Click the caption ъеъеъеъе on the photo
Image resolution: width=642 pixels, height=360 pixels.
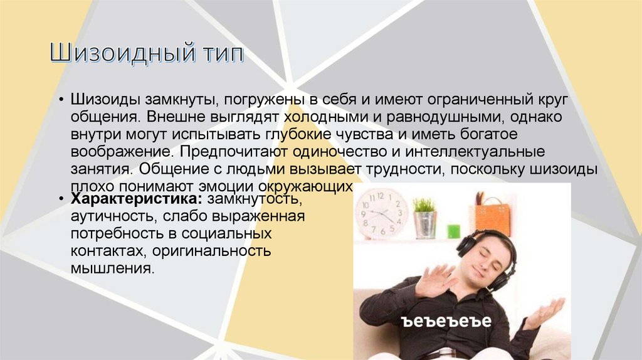(x=446, y=322)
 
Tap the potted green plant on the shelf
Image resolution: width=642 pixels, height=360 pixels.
(x=424, y=217)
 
